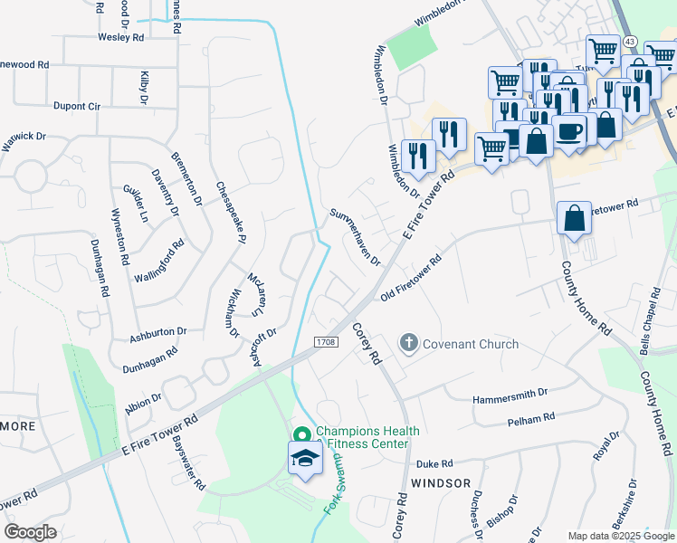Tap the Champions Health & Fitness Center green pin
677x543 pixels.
302,434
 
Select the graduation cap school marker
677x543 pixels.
306,459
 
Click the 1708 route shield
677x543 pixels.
327,342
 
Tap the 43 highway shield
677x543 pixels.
630,42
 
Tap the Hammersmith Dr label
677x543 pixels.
510,395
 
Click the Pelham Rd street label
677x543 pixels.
530,419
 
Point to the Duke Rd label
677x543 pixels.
434,463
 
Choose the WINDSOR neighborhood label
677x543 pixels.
441,483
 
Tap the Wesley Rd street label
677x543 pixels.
121,38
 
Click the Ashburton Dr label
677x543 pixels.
157,334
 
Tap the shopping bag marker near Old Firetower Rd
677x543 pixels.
574,218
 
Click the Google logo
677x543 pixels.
30,532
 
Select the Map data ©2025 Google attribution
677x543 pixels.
620,536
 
